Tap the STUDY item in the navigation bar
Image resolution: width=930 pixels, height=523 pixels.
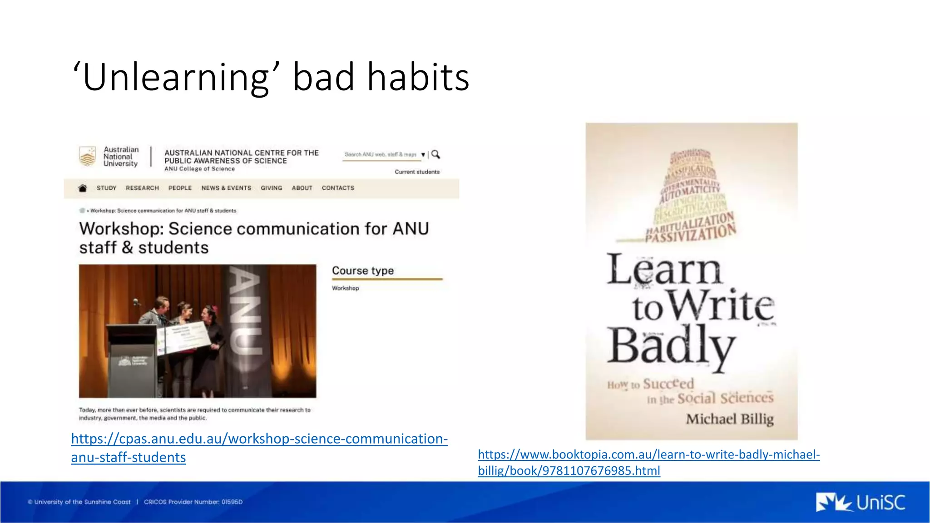106,188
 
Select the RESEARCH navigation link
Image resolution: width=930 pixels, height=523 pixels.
142,188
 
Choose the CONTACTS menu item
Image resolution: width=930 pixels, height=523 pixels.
338,188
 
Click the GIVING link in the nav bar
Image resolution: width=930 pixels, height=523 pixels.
271,188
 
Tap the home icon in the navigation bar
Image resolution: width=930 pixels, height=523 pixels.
83,188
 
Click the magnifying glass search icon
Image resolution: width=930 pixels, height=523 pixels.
435,154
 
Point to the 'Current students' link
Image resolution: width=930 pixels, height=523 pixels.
417,172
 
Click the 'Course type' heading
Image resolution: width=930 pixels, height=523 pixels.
363,271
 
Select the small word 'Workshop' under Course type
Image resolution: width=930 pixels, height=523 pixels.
345,288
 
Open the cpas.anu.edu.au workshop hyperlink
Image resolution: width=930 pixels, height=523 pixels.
259,439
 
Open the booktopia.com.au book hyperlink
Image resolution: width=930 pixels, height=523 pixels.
648,454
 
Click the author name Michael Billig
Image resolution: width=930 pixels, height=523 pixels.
729,419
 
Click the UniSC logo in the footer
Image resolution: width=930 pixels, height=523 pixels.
860,503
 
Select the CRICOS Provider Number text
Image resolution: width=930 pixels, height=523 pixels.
193,502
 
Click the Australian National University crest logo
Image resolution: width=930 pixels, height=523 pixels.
88,156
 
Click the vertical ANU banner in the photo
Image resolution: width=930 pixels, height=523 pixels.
245,313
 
